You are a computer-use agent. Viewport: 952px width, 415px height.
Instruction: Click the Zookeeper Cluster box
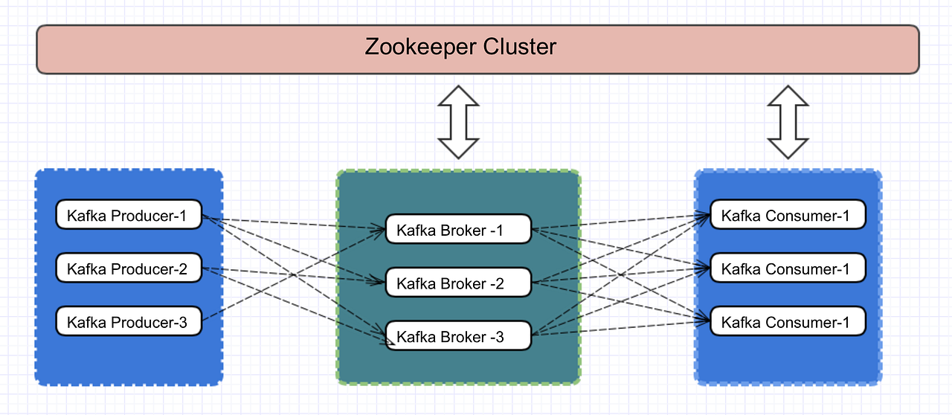coord(477,49)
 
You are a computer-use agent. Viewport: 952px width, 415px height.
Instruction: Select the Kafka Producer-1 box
coord(129,216)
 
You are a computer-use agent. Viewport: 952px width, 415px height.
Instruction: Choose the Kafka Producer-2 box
coord(129,268)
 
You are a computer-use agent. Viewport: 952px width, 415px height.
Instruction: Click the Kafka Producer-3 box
coord(129,322)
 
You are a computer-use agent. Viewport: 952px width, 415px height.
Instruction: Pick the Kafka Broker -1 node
coord(458,230)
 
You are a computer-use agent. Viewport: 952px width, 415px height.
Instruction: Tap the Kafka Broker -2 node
coord(458,283)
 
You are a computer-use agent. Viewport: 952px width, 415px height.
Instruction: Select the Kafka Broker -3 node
coord(458,336)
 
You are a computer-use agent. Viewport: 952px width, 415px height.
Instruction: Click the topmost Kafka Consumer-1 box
coord(788,216)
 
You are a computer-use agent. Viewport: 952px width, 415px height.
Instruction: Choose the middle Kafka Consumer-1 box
coord(788,268)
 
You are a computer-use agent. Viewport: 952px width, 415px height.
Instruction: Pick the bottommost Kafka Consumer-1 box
coord(788,322)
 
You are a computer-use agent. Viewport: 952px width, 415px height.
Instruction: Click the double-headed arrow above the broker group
coord(458,122)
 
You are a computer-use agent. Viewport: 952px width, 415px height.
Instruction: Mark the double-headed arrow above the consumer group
coord(788,122)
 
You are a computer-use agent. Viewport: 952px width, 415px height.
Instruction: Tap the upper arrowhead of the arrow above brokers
coord(458,97)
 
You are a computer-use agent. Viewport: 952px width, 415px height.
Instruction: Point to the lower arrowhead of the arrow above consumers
coord(788,149)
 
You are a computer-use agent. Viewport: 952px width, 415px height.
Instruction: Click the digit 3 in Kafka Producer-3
coord(182,323)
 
